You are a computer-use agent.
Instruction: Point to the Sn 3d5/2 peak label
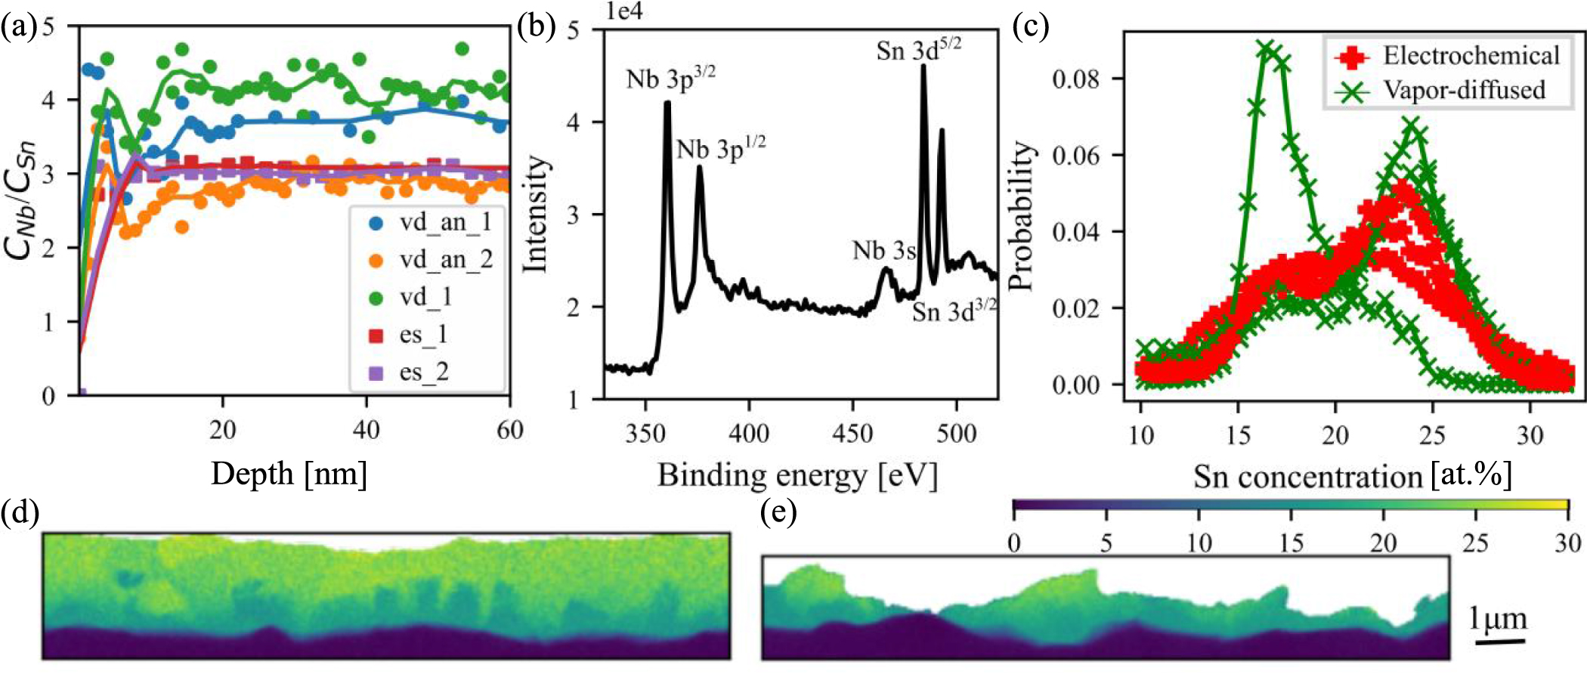tap(918, 51)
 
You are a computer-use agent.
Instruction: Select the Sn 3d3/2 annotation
tap(954, 311)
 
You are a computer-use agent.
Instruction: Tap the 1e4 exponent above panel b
tap(623, 12)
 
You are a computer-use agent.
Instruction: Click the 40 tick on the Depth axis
tap(367, 431)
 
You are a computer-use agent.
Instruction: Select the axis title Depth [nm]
tap(289, 475)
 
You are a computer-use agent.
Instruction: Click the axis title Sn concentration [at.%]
tap(1352, 477)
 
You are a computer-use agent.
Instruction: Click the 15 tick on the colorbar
tap(1290, 543)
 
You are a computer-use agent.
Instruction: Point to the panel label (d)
tap(19, 514)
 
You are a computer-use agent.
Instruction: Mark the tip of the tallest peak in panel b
tap(923, 66)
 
